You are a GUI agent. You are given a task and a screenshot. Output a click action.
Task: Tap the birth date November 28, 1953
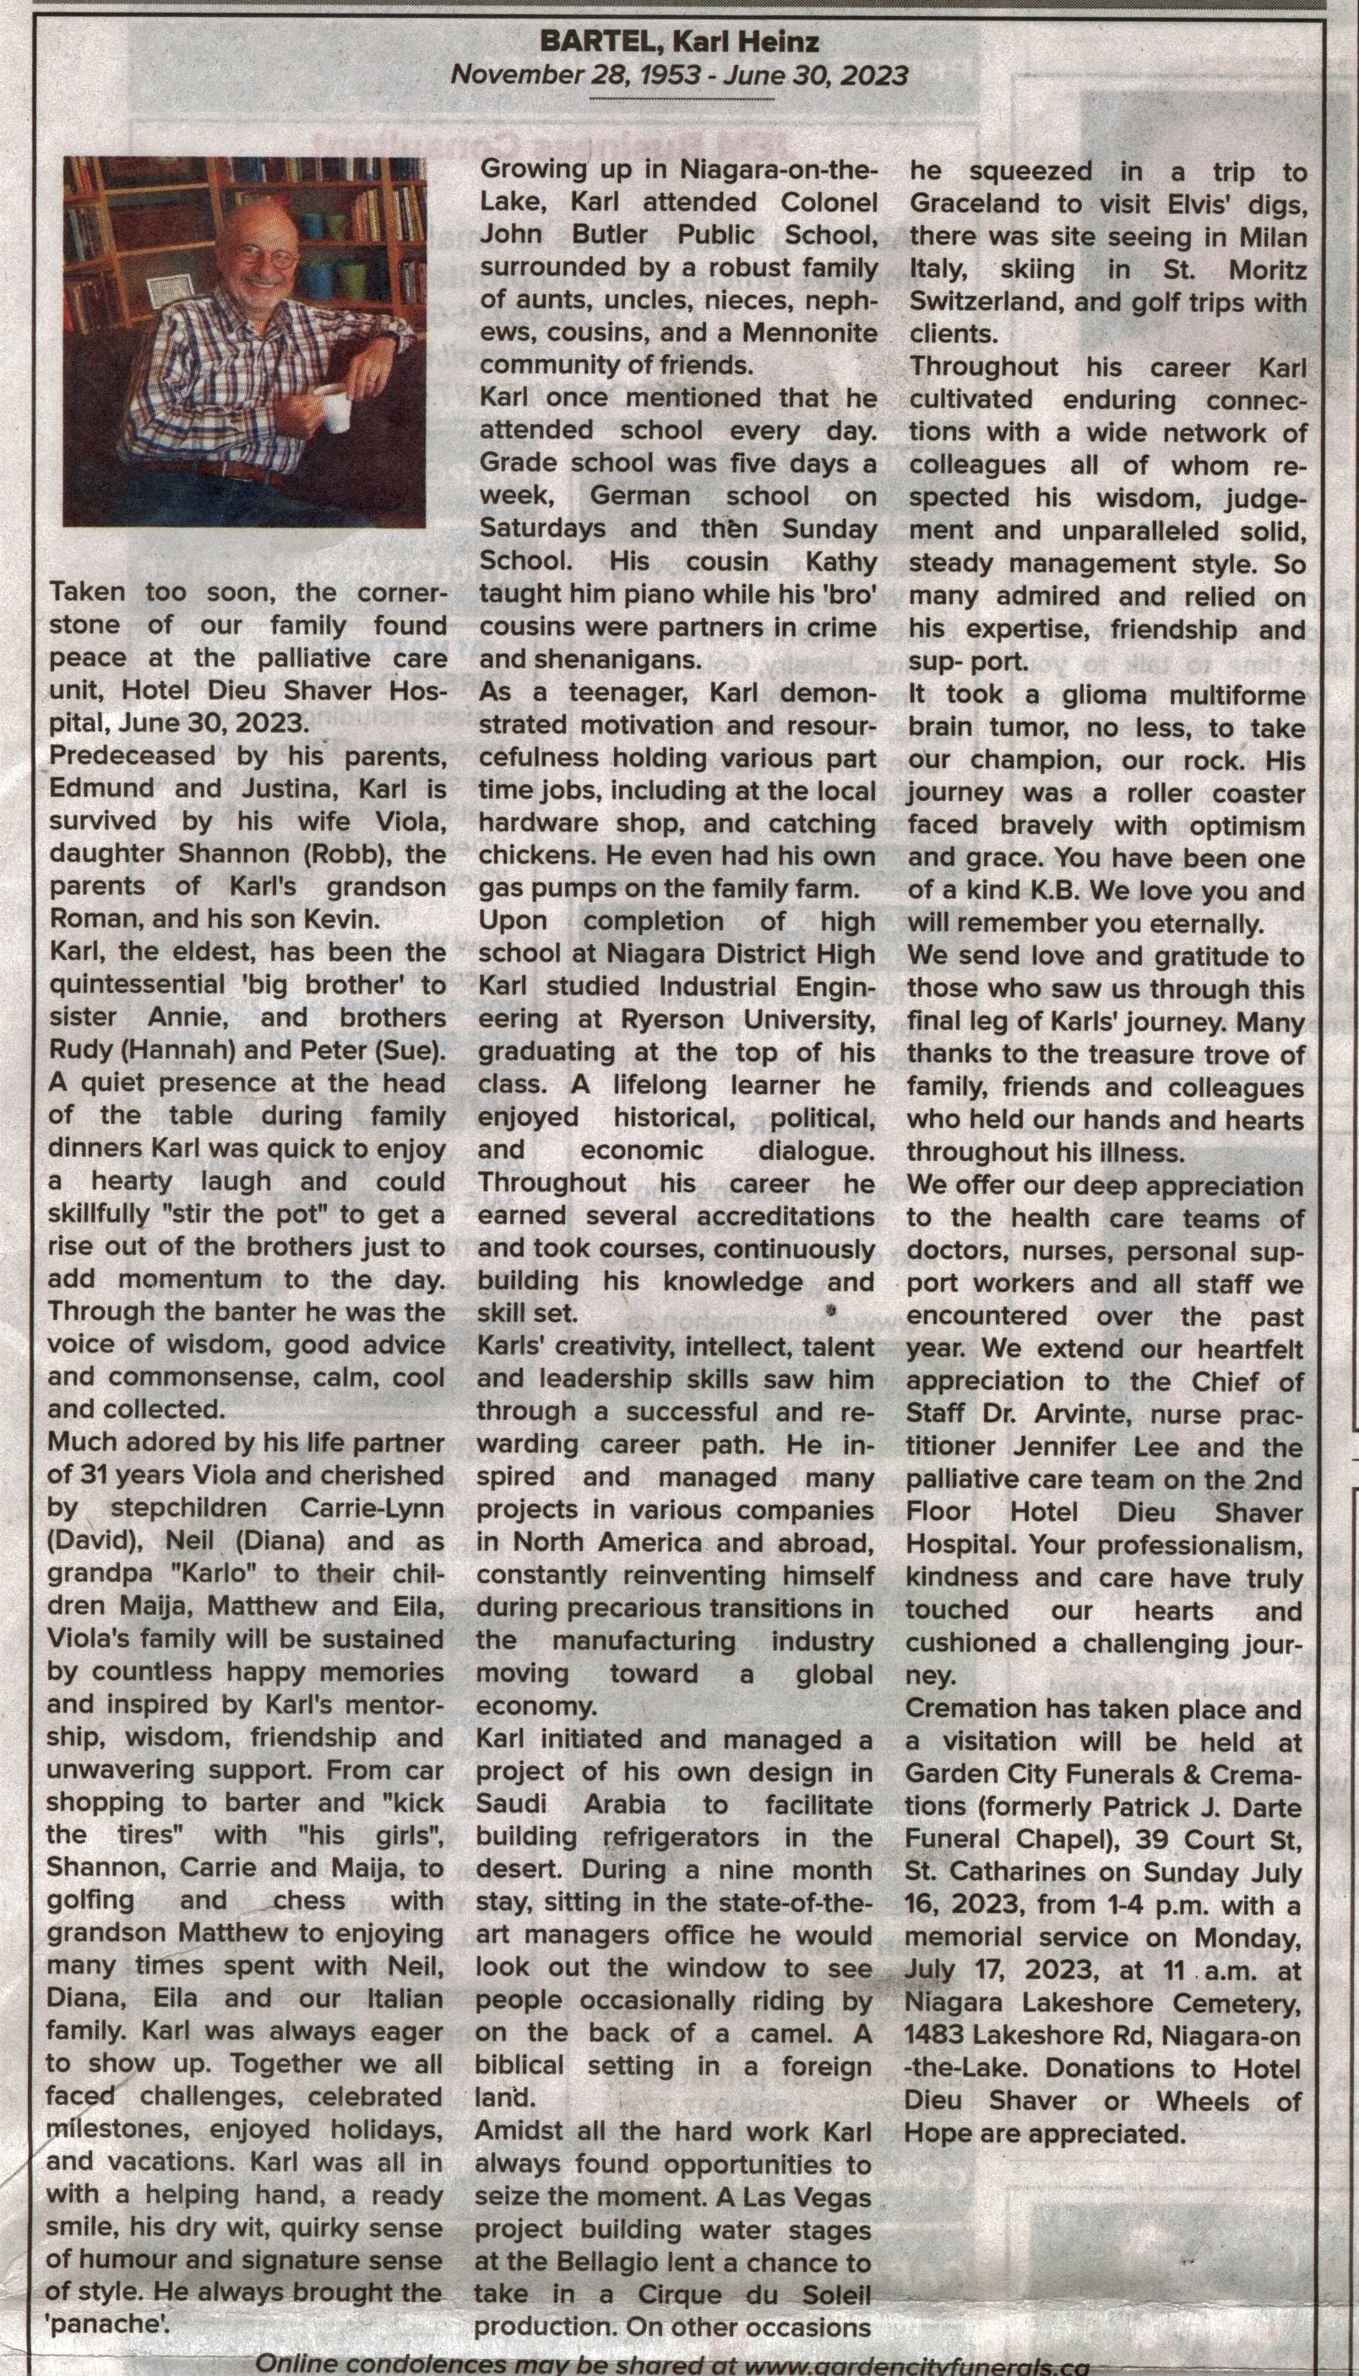click(575, 74)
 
